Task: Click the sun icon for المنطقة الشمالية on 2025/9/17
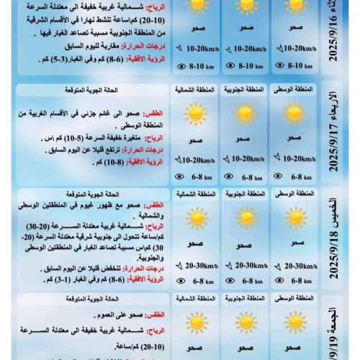[x=194, y=114]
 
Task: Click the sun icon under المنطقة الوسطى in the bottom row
[x=294, y=321]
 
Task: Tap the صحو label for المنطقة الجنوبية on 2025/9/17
[x=243, y=138]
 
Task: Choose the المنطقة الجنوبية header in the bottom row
[x=243, y=297]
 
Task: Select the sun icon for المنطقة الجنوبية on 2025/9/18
[x=244, y=218]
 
